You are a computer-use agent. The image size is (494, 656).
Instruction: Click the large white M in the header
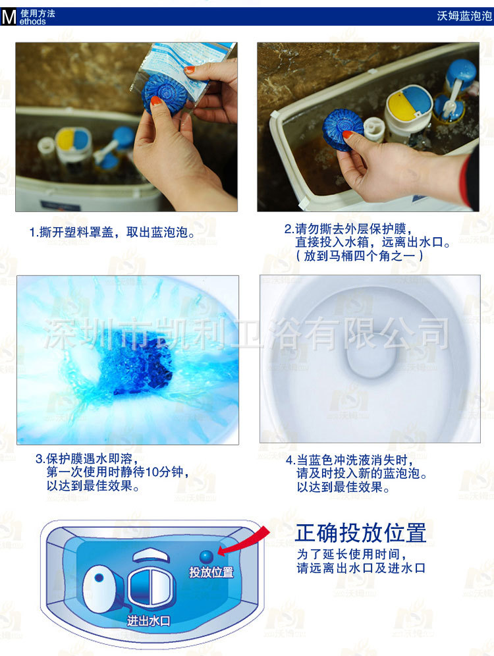pos(9,16)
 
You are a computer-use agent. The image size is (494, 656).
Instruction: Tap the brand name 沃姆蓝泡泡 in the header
pos(464,16)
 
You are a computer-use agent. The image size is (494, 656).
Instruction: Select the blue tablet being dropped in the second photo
pos(343,129)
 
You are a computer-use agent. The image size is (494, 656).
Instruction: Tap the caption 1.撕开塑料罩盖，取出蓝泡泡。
pos(112,232)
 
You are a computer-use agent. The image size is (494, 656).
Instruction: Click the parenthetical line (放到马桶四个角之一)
pos(359,256)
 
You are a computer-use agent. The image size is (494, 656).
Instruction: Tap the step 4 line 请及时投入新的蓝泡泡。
pos(362,474)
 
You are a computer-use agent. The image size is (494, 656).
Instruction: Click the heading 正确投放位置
pos(360,533)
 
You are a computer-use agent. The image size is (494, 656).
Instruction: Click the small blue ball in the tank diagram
pos(206,557)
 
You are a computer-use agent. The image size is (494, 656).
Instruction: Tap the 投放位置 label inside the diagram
pos(211,572)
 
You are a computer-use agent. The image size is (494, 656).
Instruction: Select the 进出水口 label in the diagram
pos(149,621)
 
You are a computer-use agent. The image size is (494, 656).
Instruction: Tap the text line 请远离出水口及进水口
pos(361,568)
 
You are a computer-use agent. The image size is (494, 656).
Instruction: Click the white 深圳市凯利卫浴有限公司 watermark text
pos(246,333)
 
